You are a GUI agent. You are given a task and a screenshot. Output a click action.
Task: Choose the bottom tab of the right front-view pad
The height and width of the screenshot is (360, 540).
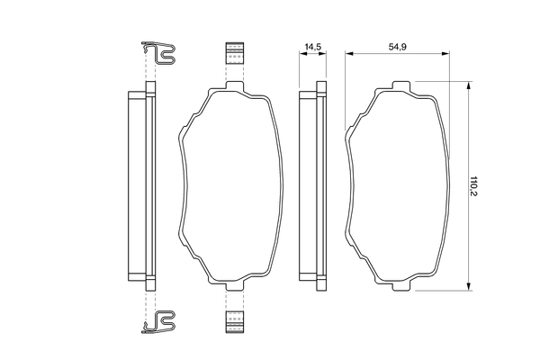[400, 285]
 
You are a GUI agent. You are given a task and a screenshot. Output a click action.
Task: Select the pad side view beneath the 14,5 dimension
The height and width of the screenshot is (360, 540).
[313, 185]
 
